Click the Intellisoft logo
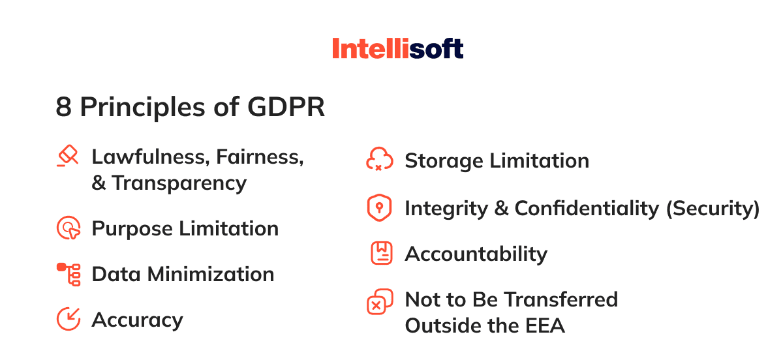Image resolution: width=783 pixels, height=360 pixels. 398,48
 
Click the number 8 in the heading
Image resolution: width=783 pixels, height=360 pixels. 64,107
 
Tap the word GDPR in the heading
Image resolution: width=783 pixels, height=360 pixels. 286,107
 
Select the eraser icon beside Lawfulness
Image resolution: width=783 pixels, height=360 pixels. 68,156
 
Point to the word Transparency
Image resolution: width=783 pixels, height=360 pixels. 179,183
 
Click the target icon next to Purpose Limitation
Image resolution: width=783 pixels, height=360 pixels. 69,228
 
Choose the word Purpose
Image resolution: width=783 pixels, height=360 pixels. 132,230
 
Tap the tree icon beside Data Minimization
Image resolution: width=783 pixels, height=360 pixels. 69,275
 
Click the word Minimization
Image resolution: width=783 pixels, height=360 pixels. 211,274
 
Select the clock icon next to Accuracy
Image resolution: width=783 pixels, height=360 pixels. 69,319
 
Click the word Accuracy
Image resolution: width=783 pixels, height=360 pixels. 138,320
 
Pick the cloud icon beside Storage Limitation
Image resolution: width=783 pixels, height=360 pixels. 380,159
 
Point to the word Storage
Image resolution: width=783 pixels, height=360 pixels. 444,161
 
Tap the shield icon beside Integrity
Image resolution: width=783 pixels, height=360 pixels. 379,207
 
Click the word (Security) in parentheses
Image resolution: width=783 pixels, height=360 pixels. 713,209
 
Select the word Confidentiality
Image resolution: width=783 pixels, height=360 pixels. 587,209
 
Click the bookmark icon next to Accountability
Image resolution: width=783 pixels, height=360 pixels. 381,253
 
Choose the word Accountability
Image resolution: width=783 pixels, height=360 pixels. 476,254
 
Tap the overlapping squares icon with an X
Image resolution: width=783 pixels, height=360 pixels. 380,302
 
